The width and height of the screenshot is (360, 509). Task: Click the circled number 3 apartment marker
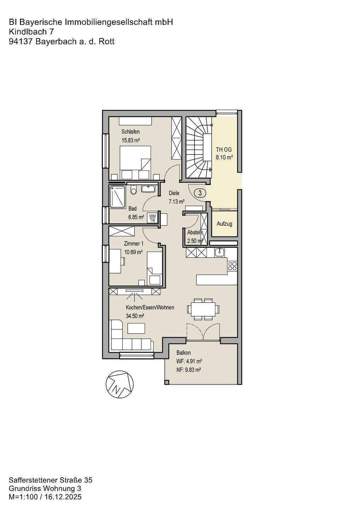(200, 193)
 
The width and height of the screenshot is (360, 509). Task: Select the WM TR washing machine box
(152, 218)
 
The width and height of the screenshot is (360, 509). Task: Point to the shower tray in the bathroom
(117, 197)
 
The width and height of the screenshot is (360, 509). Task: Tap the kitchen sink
(220, 252)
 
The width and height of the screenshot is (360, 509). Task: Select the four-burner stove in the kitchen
(232, 266)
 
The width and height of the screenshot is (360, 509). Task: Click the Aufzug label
(224, 224)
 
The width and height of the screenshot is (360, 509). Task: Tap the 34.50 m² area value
(135, 316)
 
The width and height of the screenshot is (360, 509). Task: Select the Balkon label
(184, 353)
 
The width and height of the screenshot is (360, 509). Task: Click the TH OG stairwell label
(224, 150)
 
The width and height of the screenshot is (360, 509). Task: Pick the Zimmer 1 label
(134, 244)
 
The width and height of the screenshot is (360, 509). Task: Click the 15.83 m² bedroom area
(131, 140)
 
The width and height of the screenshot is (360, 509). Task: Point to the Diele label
(174, 193)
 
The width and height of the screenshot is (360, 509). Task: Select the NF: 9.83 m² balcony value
(188, 370)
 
